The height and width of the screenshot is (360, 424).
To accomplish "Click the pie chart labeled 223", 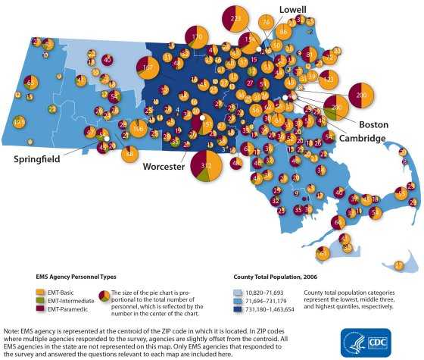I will (235, 18).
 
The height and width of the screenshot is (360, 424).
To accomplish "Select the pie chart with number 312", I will (205, 166).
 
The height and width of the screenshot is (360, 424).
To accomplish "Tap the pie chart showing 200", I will (360, 95).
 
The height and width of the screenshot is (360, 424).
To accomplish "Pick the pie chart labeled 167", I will (148, 68).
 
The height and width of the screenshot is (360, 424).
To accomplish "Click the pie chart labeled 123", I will (328, 78).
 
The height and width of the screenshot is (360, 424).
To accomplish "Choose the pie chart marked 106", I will (138, 129).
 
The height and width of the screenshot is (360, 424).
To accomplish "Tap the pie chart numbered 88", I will (130, 155).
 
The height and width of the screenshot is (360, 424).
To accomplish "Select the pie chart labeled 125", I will (20, 121).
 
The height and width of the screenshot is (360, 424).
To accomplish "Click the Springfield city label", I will (36, 159).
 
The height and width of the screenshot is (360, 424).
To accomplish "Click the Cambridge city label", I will (362, 138).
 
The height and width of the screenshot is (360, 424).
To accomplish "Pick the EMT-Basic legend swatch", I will (40, 292).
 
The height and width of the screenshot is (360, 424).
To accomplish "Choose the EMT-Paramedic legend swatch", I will (40, 308).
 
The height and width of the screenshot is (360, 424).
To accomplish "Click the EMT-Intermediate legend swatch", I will (40, 300).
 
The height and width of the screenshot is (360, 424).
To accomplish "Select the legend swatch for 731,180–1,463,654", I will (235, 309).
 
